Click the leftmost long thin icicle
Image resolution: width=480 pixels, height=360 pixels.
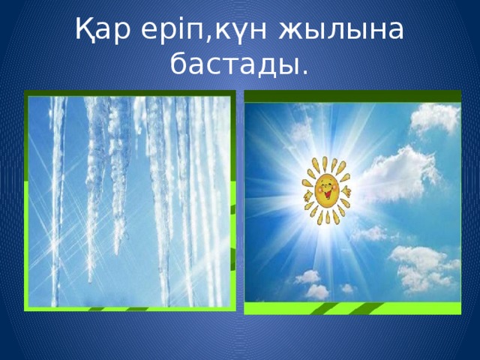(x=57, y=195)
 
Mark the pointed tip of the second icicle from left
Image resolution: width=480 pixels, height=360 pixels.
(x=91, y=280)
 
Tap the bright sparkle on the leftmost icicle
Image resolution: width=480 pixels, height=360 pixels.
(x=54, y=247)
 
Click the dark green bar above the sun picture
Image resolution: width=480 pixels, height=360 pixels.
(x=352, y=96)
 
